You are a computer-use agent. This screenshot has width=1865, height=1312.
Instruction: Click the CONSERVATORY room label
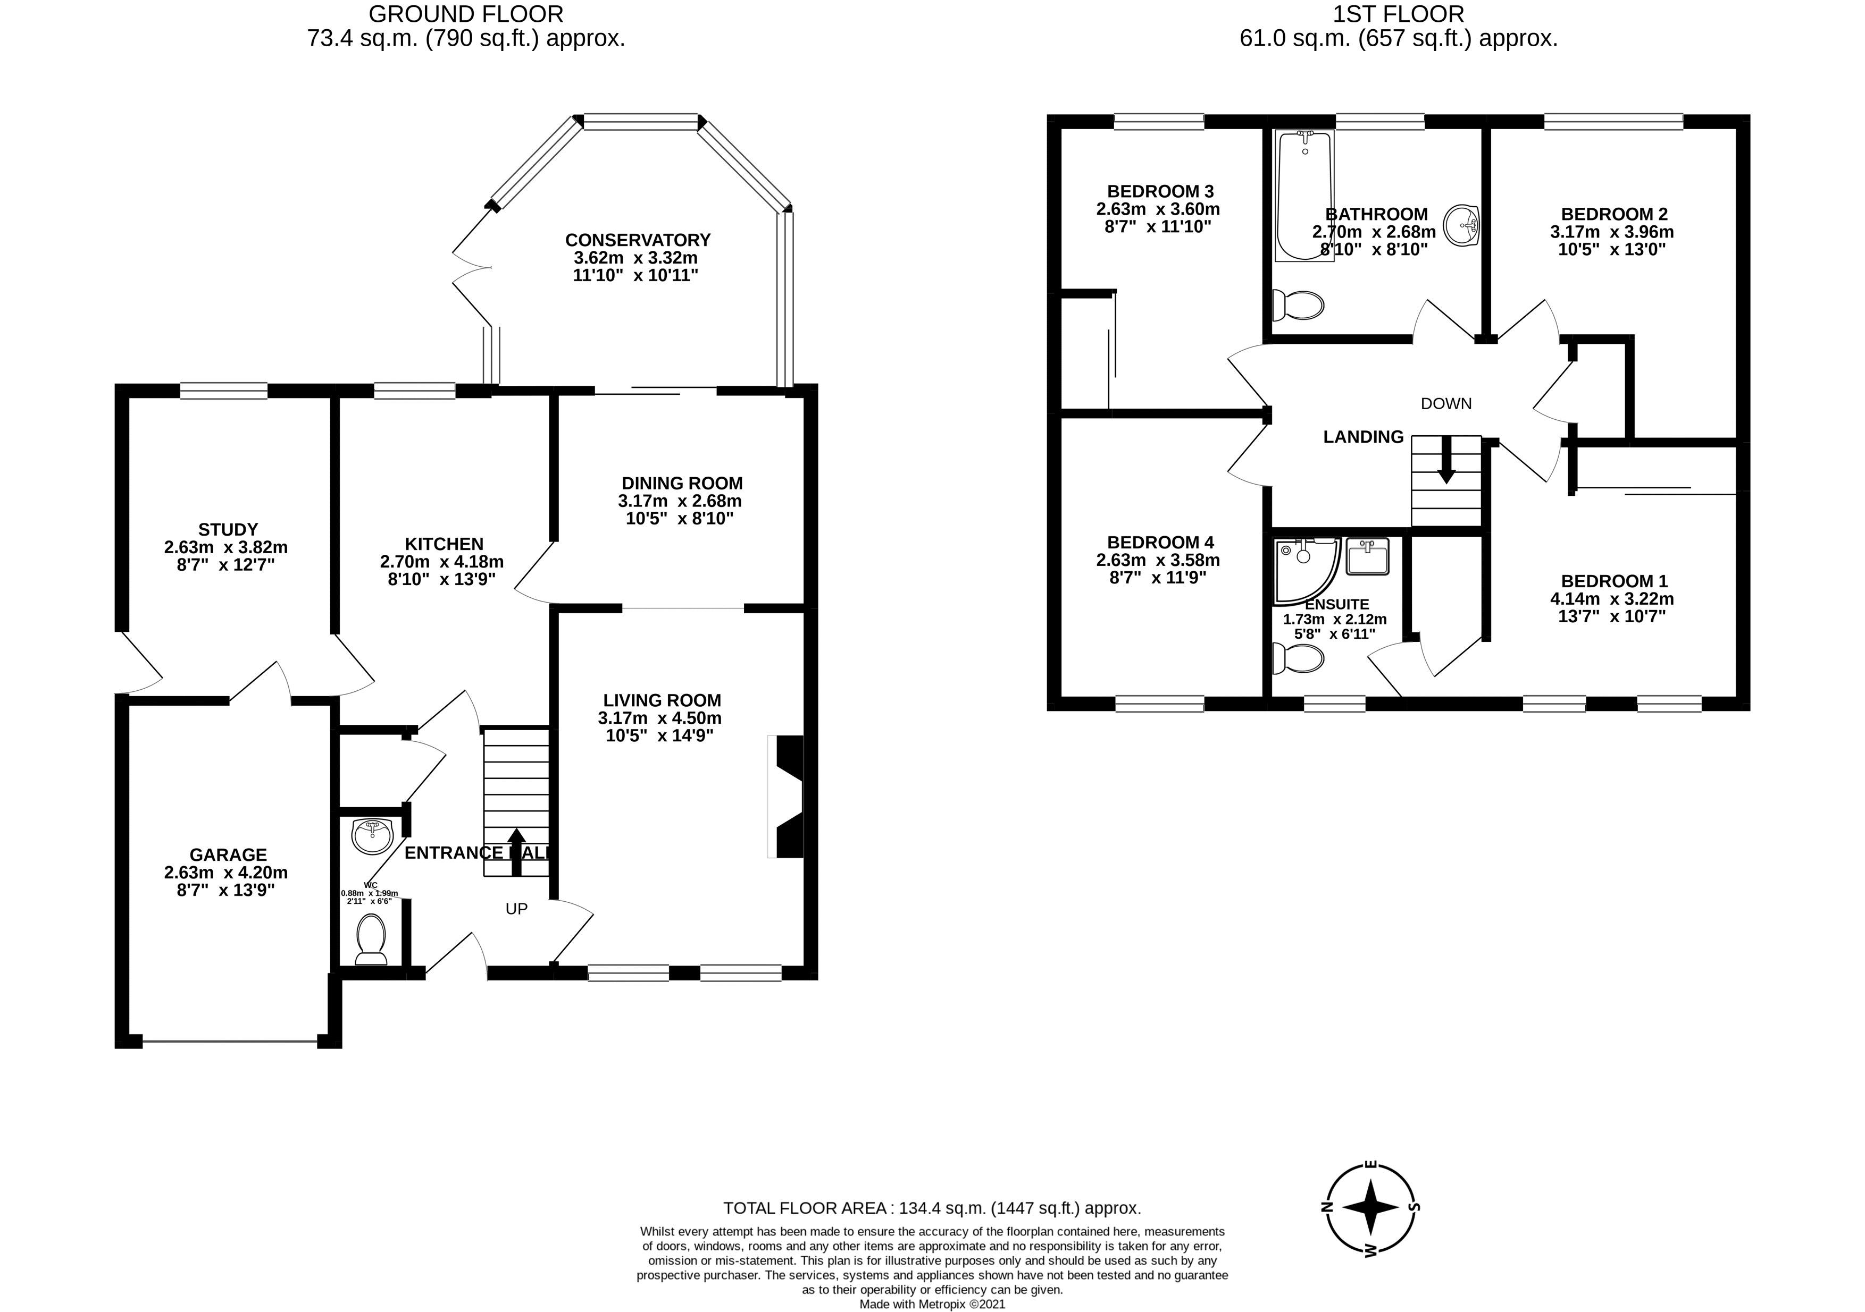tap(638, 240)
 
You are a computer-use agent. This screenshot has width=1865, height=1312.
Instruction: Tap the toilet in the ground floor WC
tap(372, 939)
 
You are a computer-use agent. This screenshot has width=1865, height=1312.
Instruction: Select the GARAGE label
tap(228, 855)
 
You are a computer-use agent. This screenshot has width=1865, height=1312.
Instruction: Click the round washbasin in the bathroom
tap(1463, 223)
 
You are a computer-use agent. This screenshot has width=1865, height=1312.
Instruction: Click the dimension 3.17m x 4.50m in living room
tap(659, 718)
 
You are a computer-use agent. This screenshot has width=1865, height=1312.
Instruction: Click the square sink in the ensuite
tap(1368, 557)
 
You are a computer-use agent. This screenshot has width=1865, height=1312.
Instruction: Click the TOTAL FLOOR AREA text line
tap(932, 1208)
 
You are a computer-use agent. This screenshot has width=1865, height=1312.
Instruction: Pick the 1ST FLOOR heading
tap(1398, 14)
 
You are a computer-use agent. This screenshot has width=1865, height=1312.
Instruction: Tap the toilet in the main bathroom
tap(1298, 305)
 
